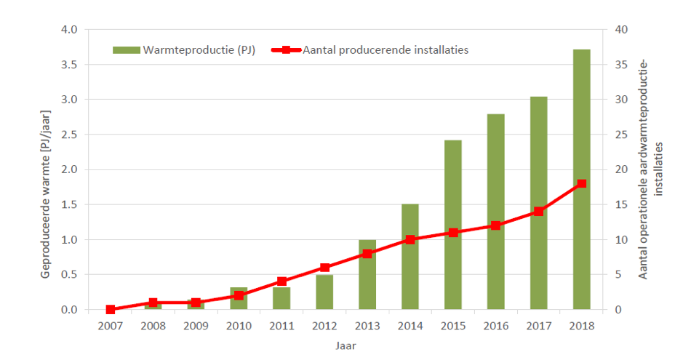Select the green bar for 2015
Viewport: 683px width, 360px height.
[x=452, y=225]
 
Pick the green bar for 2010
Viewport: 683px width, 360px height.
[x=239, y=299]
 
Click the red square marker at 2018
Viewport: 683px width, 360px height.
[x=581, y=184]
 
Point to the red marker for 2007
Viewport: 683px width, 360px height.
[x=111, y=310]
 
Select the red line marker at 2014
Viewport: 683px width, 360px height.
[x=410, y=239]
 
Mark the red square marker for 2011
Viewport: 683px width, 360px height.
[x=281, y=281]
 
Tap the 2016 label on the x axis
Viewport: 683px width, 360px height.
[x=495, y=327]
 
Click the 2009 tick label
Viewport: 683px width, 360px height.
[x=196, y=327]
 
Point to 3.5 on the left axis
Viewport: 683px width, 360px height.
[x=68, y=65]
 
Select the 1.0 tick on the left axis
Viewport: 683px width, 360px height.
[x=68, y=240]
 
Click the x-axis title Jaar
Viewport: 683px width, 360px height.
[x=346, y=345]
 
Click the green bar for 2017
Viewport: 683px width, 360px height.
[x=538, y=203]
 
